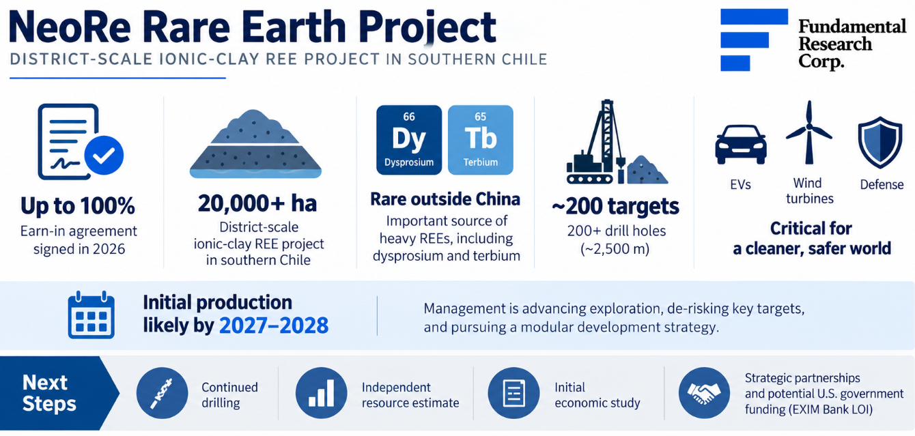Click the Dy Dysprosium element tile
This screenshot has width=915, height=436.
coord(409,140)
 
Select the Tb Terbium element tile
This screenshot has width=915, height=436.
coord(481,140)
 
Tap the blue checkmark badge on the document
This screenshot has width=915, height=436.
coord(104,155)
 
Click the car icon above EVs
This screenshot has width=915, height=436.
coord(741,145)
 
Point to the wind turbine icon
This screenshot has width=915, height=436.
coord(808,132)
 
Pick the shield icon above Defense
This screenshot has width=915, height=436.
coord(880,143)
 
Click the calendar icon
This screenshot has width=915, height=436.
coord(91,315)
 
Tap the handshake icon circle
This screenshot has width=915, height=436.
coord(704,393)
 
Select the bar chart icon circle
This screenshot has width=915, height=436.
coord(321,393)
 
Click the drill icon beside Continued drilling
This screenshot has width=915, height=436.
coord(162,393)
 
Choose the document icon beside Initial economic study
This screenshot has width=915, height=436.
coord(513,393)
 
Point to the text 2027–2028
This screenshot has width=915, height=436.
coord(274,325)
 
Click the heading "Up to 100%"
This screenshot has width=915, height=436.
coord(78,206)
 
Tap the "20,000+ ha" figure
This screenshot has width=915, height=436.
coord(257,203)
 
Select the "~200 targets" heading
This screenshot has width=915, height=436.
coord(616,206)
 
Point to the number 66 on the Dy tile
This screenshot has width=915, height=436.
coord(409,117)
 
